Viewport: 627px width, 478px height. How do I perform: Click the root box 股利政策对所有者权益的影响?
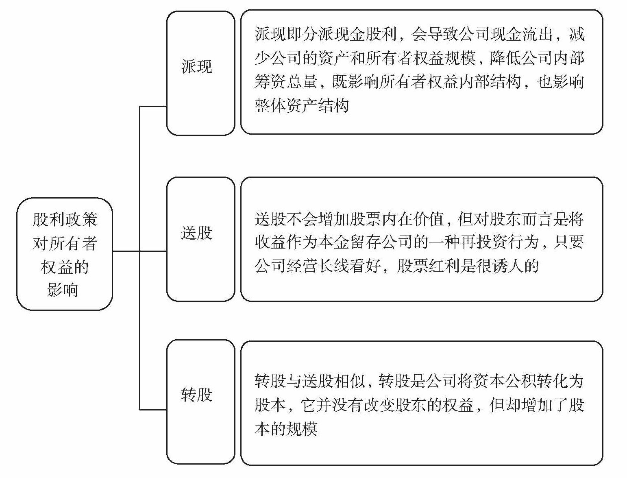[64, 254]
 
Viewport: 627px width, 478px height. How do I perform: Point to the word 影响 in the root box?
[63, 290]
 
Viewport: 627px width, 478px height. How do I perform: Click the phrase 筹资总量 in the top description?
[286, 82]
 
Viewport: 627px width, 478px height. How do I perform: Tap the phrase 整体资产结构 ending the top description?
[302, 106]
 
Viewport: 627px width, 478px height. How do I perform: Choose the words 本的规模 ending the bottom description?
[286, 429]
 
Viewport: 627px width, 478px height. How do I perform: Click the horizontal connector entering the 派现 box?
[153, 107]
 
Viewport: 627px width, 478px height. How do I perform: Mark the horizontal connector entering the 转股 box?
[153, 409]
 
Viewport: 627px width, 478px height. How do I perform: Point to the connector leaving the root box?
[126, 251]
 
